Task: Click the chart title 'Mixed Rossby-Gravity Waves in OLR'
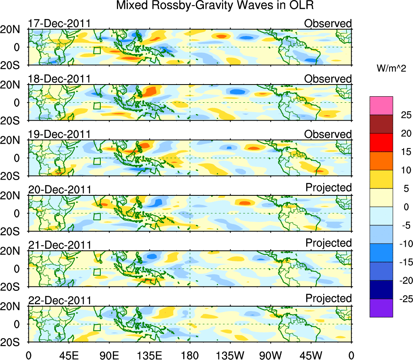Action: click(215, 6)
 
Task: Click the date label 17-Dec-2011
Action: click(59, 23)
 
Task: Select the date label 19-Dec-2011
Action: click(59, 134)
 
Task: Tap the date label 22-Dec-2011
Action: click(59, 301)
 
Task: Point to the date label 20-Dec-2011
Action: click(59, 190)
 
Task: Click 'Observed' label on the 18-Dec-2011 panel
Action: click(328, 79)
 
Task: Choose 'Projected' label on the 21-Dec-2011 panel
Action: click(328, 243)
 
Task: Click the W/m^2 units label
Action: click(391, 69)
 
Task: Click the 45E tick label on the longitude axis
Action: click(69, 355)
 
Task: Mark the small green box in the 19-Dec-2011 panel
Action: click(97, 161)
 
